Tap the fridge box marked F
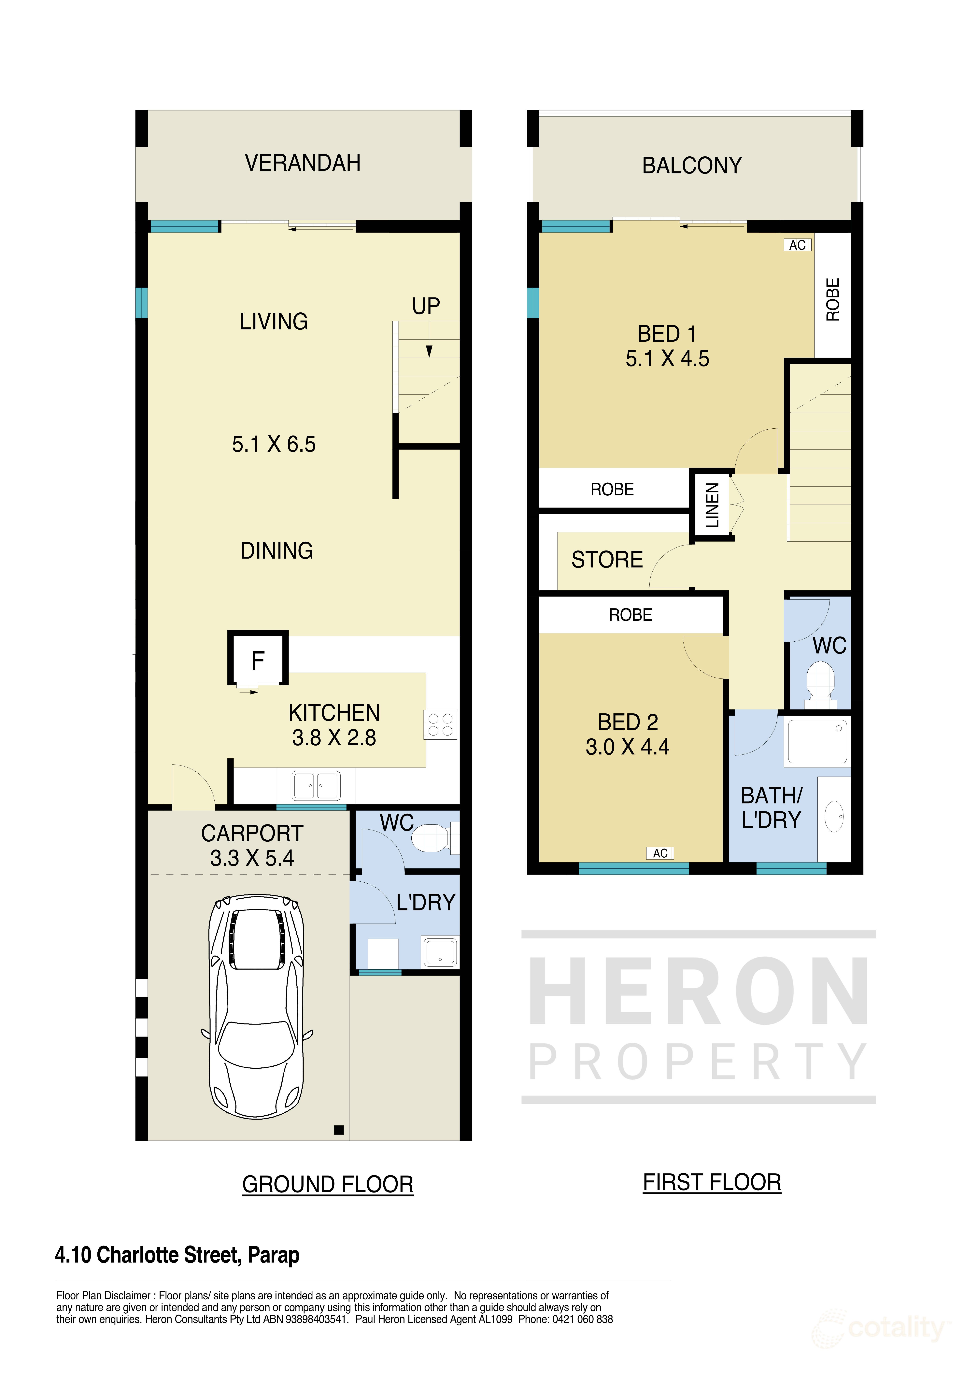[258, 660]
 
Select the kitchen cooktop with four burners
[441, 725]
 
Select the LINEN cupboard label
[712, 505]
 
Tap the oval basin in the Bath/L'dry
[834, 817]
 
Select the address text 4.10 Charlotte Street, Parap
[177, 1255]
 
